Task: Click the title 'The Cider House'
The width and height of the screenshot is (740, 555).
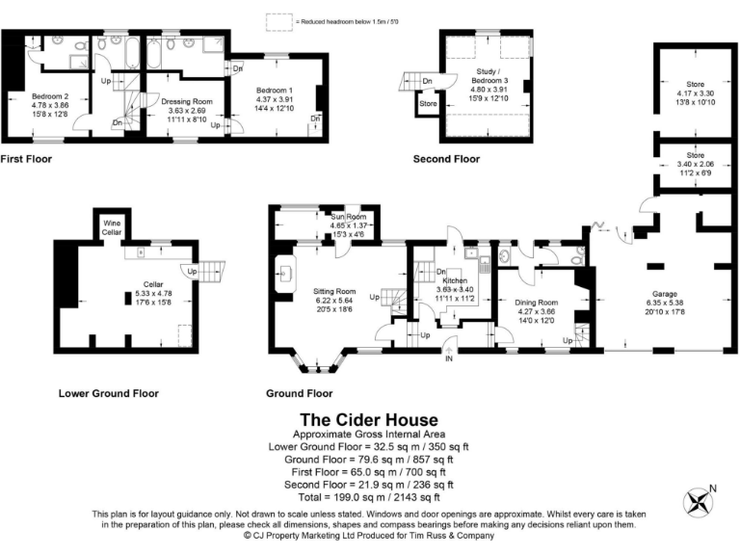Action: coord(369,420)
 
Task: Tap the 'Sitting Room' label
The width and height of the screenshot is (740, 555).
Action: coord(334,291)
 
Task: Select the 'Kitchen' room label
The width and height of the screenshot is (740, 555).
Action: coord(454,280)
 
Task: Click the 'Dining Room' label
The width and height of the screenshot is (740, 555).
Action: coord(535,302)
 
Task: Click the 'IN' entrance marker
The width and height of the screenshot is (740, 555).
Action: coord(448,359)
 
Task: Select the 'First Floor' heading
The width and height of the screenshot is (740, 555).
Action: coord(26,160)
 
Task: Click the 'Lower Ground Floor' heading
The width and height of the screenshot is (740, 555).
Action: coord(108,393)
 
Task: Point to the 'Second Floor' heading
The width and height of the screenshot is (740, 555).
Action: coord(445,160)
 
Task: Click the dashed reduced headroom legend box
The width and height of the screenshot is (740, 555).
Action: coord(278,19)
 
